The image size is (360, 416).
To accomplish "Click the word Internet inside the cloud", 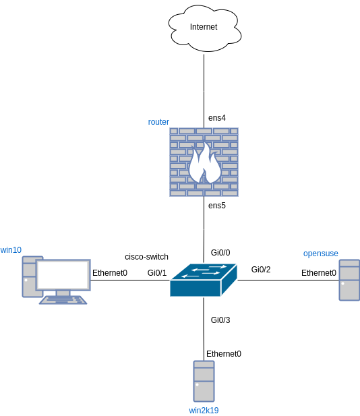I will (204, 27).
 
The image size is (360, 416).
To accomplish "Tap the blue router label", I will (158, 122).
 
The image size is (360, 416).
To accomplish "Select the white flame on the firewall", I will (204, 165).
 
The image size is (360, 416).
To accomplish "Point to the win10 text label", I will (11, 250).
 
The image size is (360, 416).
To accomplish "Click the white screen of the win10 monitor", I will (63, 274).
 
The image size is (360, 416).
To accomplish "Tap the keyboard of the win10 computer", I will (63, 299).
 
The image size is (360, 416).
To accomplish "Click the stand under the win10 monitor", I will (63, 293).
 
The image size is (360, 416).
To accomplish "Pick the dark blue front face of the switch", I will (195, 289).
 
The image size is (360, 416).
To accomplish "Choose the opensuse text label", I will (320, 254).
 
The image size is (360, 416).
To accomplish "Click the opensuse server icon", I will (349, 280).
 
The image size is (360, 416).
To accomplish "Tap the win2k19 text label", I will (204, 410).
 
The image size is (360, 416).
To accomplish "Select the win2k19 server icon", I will (204, 381).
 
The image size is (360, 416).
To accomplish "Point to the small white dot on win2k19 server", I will (197, 386).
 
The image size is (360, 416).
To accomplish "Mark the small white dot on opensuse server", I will (342, 284).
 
